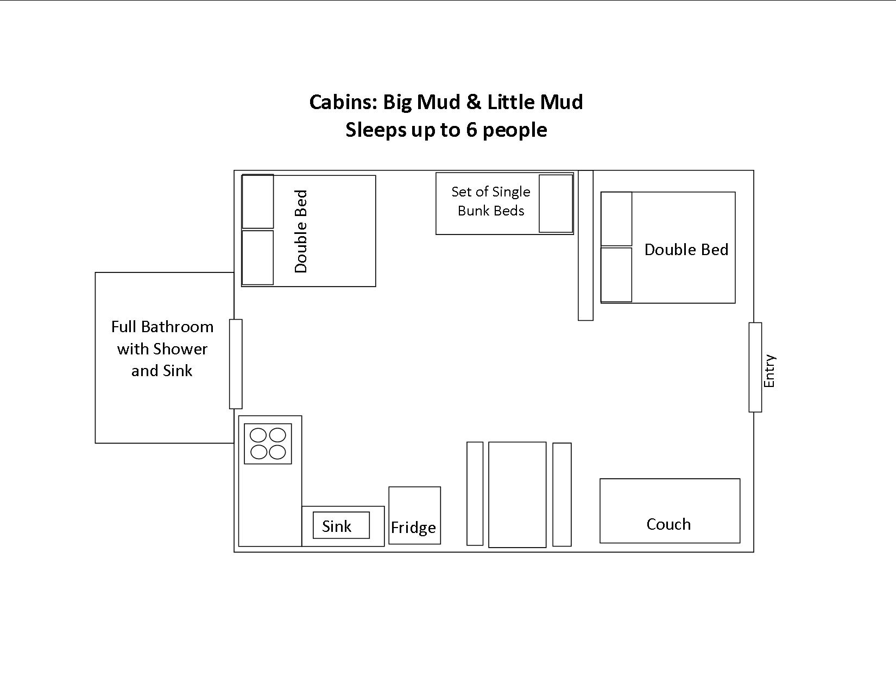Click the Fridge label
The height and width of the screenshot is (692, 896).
click(x=413, y=528)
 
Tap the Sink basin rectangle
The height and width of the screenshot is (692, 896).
click(x=341, y=525)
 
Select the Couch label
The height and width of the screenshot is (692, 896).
click(x=668, y=524)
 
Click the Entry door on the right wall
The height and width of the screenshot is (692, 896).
click(x=755, y=367)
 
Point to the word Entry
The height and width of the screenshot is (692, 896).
click(x=769, y=371)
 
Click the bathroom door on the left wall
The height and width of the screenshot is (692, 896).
click(x=236, y=364)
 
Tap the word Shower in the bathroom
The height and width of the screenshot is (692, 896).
click(x=180, y=349)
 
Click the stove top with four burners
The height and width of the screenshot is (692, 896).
click(x=268, y=444)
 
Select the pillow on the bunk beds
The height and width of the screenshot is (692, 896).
click(x=556, y=204)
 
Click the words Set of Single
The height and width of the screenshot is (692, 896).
click(x=491, y=192)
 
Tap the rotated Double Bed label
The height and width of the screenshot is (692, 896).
click(x=301, y=231)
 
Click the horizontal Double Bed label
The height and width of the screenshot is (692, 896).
click(x=686, y=250)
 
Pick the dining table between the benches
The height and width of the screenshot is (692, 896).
click(x=517, y=494)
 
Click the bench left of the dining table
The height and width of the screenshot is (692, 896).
click(x=475, y=494)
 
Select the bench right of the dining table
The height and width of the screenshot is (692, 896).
click(x=561, y=494)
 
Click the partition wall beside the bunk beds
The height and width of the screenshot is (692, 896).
click(x=585, y=245)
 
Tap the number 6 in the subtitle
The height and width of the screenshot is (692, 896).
click(x=472, y=130)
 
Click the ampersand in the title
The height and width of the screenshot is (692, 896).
click(x=474, y=102)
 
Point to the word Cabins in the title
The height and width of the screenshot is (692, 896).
click(x=343, y=102)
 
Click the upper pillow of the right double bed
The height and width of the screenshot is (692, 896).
click(x=616, y=219)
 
